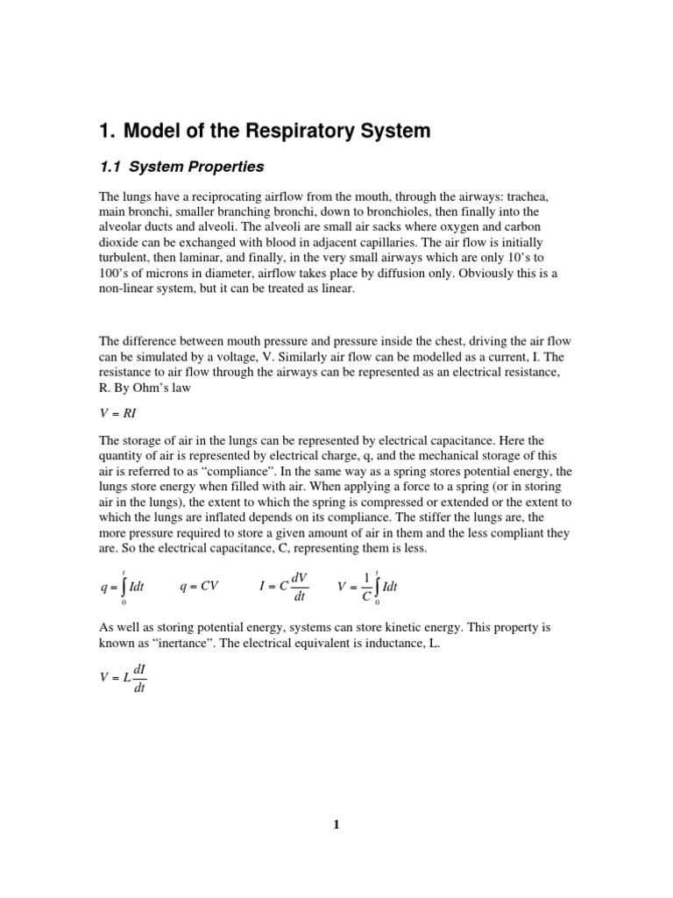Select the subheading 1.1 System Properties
[x=181, y=166]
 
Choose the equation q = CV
[x=199, y=587]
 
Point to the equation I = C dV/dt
[x=286, y=586]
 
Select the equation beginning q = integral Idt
[x=122, y=587]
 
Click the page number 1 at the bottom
[x=336, y=824]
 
